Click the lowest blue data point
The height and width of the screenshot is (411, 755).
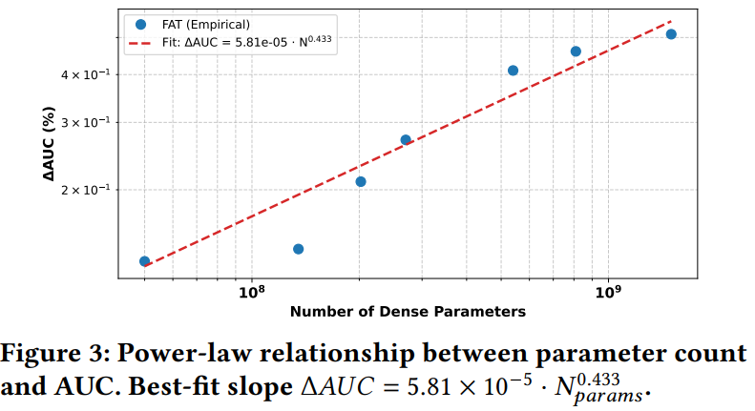click(x=144, y=261)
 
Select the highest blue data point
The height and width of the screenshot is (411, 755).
click(x=671, y=34)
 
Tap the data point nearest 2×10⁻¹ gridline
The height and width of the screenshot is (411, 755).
click(x=361, y=181)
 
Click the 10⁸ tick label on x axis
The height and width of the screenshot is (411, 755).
click(x=251, y=292)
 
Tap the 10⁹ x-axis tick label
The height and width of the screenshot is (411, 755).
click(x=608, y=292)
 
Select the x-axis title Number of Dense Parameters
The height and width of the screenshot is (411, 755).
click(x=408, y=312)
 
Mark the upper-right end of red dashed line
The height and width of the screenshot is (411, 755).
click(x=672, y=20)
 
